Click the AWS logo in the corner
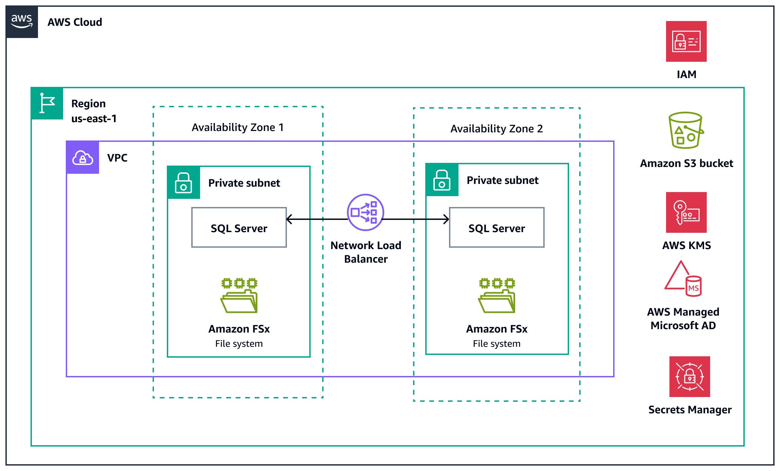pos(22,22)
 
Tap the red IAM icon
pos(686,41)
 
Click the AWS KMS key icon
pos(686,212)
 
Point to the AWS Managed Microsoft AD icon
pos(683,279)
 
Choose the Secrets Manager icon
pos(689,377)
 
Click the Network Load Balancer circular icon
pos(365,212)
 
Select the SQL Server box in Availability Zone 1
pos(239,228)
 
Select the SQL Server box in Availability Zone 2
pos(496,228)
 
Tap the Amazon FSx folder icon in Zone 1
pos(239,296)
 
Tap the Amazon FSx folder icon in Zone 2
pos(497,296)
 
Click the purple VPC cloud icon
pos(83,158)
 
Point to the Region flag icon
pos(47,103)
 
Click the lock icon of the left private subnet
pos(183,183)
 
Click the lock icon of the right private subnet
pos(442,180)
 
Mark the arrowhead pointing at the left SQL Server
pos(289,219)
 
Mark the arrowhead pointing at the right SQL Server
pos(447,219)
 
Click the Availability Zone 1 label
pos(237,127)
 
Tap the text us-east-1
pos(94,118)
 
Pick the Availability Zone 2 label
pos(496,129)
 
